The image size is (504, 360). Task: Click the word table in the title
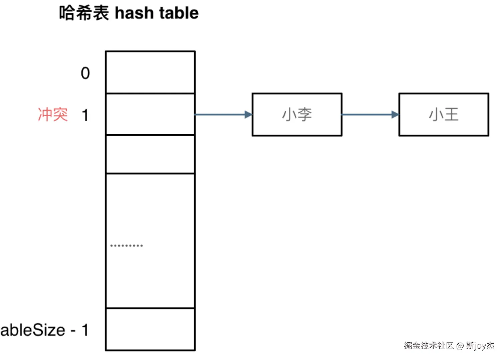[179, 13]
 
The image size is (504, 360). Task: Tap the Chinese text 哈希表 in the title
[84, 13]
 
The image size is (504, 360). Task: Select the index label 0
[85, 73]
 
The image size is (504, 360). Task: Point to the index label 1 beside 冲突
[85, 115]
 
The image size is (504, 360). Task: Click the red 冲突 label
[53, 115]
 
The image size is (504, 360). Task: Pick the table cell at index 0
[150, 72]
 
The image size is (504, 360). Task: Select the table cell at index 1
[150, 114]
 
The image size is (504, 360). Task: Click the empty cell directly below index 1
[150, 154]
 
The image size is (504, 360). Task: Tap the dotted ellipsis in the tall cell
[127, 245]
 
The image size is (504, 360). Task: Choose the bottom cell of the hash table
[150, 329]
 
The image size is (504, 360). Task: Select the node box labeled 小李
[297, 115]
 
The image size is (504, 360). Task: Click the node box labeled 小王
[444, 115]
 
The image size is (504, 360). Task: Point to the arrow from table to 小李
[220, 115]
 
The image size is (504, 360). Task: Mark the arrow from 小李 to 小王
[367, 115]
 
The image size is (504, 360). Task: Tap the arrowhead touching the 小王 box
[395, 115]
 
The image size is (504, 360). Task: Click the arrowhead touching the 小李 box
[248, 115]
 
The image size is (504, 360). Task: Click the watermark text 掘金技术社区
[428, 346]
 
